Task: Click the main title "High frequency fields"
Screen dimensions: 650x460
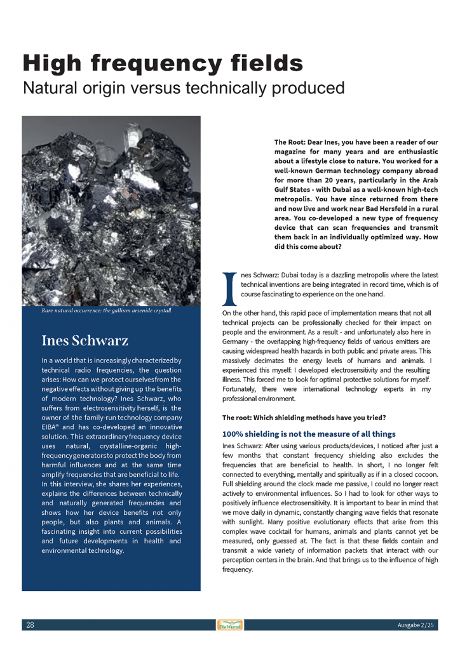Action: [163, 63]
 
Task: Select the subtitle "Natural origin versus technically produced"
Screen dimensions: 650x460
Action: [184, 88]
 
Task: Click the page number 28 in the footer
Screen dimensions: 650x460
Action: [30, 625]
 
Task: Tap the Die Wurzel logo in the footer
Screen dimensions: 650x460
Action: [229, 625]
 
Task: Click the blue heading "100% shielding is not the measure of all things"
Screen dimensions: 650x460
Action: [309, 434]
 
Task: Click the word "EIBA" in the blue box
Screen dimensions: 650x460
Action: [52, 428]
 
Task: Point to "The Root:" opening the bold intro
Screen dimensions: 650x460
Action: [290, 142]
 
